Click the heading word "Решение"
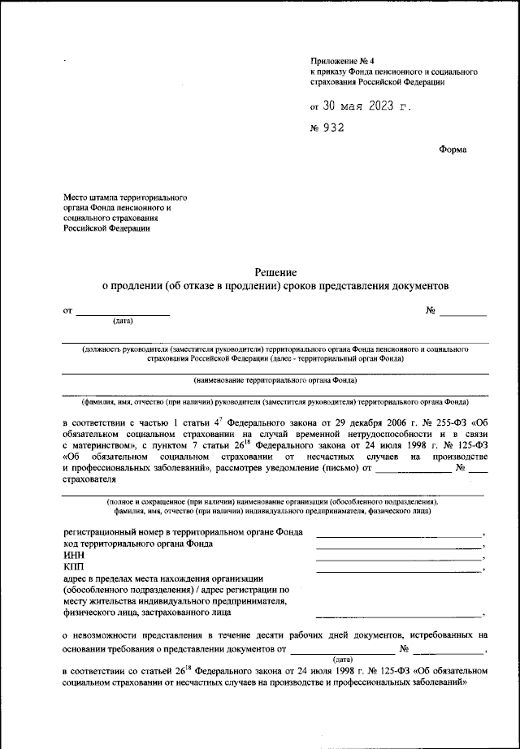275,272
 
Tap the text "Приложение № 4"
341,61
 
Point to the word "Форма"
452,149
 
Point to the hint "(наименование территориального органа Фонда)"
275,379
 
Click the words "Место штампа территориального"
126,197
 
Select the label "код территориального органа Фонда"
138,543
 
